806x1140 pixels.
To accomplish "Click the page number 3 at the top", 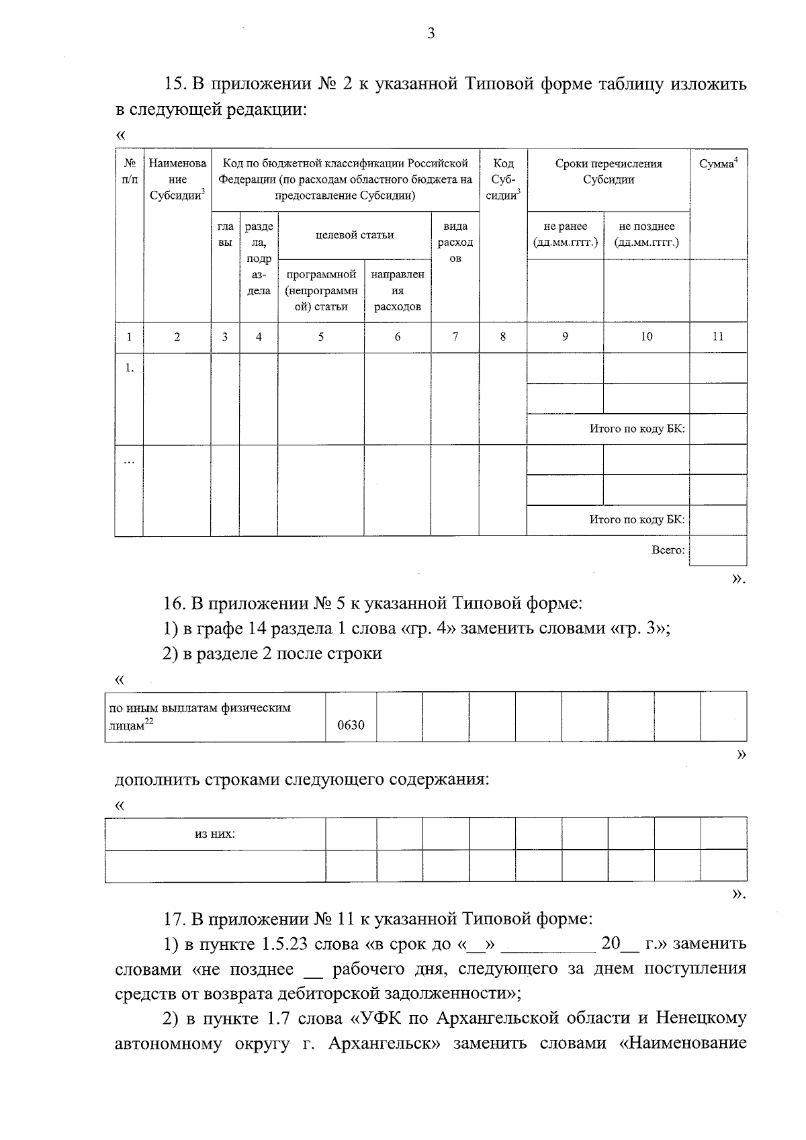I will [431, 34].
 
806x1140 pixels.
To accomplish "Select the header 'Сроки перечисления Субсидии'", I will [609, 172].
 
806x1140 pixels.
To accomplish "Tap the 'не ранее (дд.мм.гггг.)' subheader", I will [565, 234].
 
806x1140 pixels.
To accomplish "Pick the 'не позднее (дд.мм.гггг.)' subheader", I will [646, 234].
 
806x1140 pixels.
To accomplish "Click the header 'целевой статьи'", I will [355, 234].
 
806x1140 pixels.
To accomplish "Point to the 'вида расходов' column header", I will [455, 243].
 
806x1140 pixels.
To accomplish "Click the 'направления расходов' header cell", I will [398, 290].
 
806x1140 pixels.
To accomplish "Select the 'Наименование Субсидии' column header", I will [177, 179].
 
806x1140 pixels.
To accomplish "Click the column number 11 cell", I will [717, 337].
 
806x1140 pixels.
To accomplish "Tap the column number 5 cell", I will [321, 337].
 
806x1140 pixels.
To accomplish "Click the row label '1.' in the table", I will [129, 367].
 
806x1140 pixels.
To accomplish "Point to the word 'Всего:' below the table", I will [668, 550].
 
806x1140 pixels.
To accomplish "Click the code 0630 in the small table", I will [351, 725].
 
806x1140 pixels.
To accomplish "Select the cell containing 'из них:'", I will [215, 834].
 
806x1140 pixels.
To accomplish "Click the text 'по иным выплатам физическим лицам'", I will [200, 716].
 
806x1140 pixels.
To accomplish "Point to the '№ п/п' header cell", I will [129, 171].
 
